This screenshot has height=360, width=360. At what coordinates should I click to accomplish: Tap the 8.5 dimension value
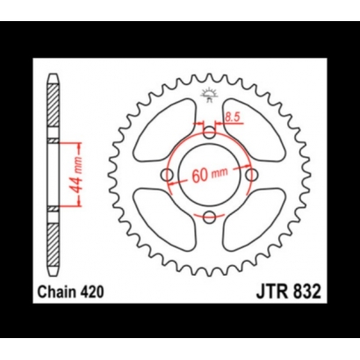point(233,115)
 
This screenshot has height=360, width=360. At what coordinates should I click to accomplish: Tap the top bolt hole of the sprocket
point(209,133)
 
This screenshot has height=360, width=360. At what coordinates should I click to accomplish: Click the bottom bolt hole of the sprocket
point(209,217)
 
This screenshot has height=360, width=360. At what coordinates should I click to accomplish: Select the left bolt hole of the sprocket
point(167,175)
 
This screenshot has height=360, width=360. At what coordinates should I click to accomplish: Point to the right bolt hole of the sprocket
point(251,175)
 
